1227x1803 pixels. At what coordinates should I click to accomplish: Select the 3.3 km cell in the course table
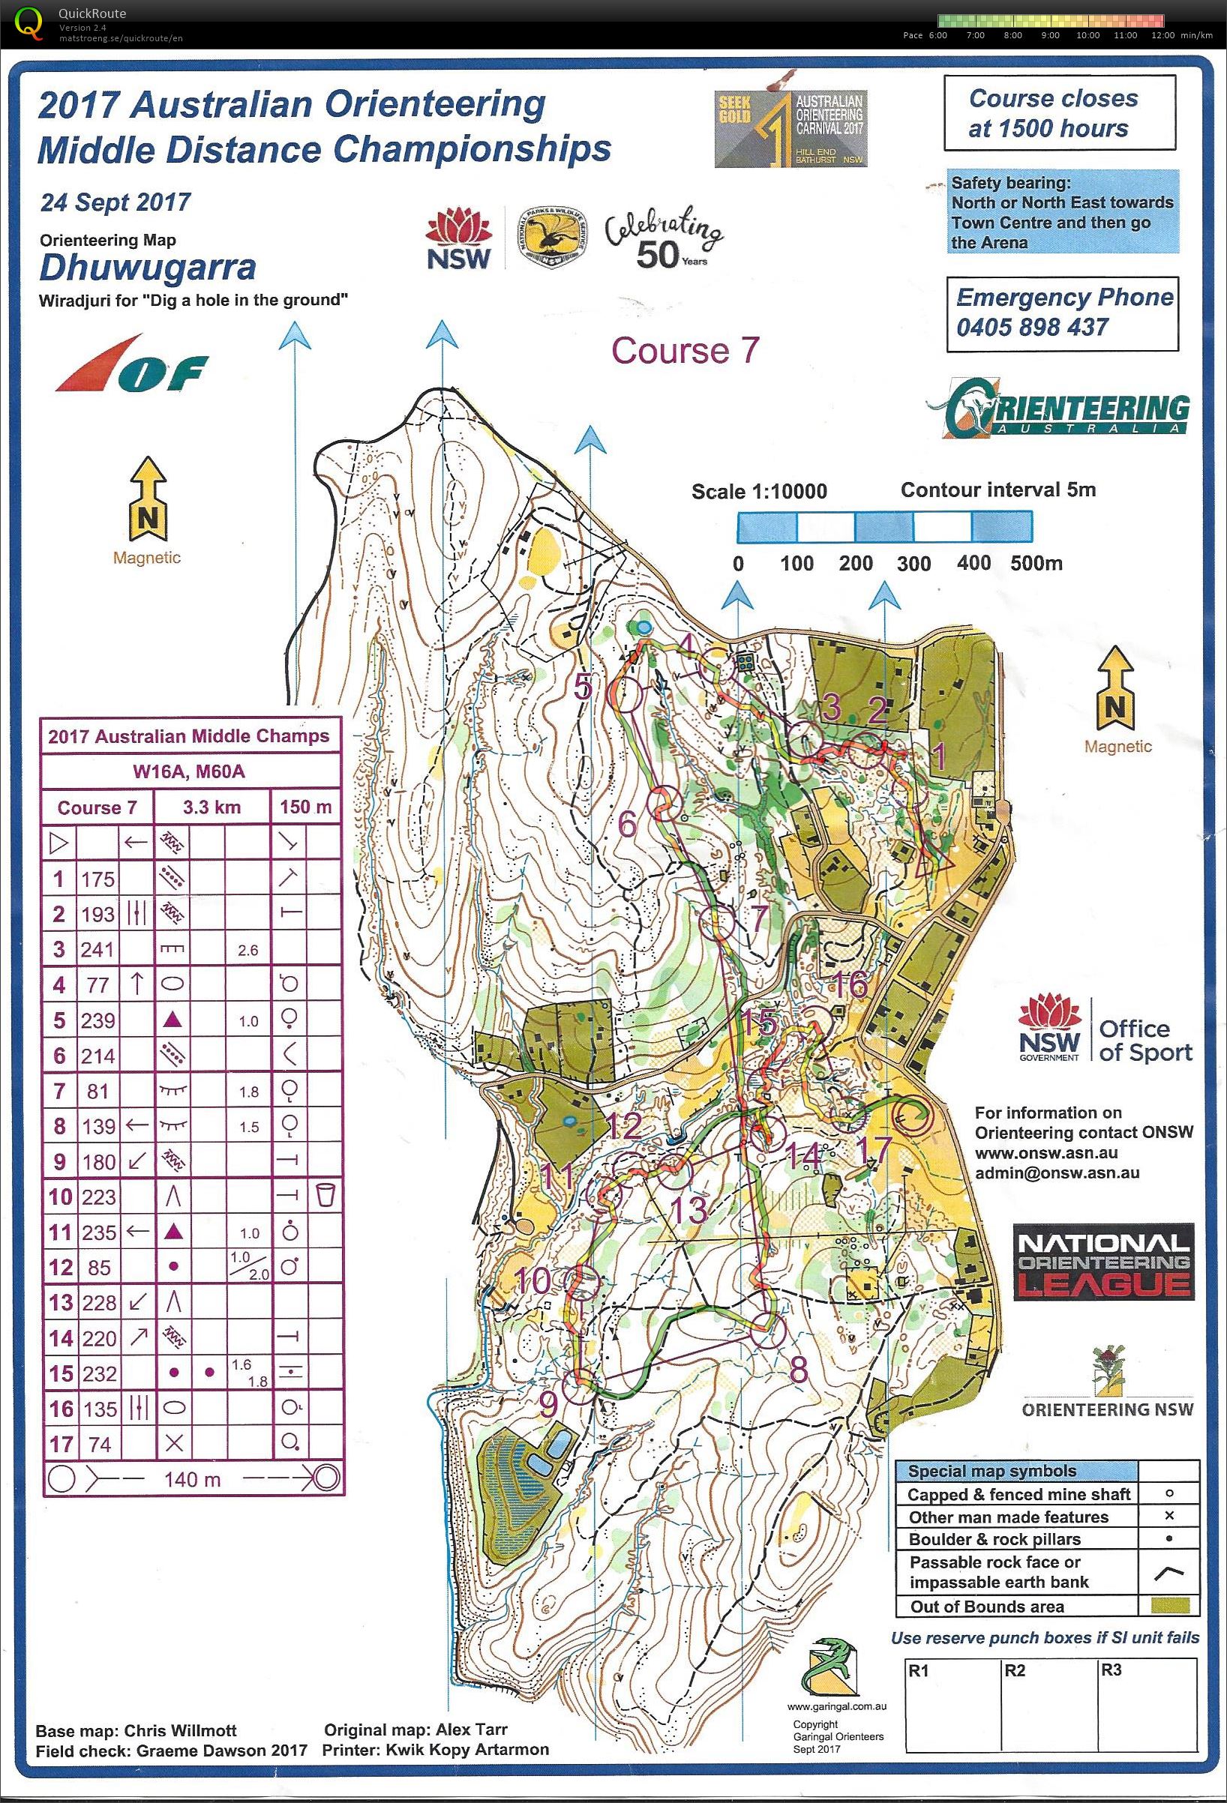pyautogui.click(x=211, y=807)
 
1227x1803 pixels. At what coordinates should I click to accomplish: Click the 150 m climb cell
pyautogui.click(x=306, y=807)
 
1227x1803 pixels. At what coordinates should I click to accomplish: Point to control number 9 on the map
pyautogui.click(x=549, y=1403)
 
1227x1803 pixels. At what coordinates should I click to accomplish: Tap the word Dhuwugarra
pyautogui.click(x=148, y=268)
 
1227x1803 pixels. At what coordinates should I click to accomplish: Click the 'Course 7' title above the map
pyautogui.click(x=685, y=351)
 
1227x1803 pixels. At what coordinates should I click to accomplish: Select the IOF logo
pyautogui.click(x=131, y=364)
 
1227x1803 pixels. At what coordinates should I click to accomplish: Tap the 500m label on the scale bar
pyautogui.click(x=1035, y=563)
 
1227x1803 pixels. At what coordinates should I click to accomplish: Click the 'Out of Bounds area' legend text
pyautogui.click(x=987, y=1606)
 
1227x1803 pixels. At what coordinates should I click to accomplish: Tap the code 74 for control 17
pyautogui.click(x=97, y=1444)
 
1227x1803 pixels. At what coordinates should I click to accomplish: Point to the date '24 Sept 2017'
pyautogui.click(x=115, y=202)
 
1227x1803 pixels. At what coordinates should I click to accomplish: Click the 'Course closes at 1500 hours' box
pyautogui.click(x=1058, y=113)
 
